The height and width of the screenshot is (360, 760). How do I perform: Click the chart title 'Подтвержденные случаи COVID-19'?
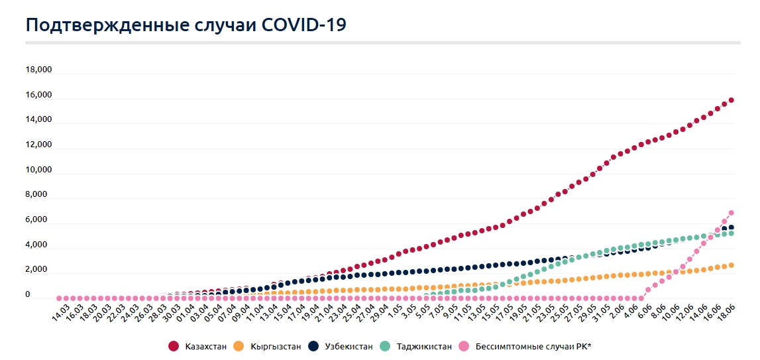186,25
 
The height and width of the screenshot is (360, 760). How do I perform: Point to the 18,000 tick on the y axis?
38,70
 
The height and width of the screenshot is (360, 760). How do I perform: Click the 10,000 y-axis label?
38,170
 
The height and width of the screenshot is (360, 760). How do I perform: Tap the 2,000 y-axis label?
38,270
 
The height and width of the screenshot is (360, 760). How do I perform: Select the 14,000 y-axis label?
38,120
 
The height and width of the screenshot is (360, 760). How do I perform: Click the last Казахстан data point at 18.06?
731,100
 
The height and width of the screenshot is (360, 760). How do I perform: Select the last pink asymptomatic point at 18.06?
731,213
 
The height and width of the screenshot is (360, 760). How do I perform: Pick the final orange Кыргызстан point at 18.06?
731,265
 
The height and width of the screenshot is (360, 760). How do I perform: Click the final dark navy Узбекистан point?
731,227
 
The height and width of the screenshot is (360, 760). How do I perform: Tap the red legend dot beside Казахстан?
174,346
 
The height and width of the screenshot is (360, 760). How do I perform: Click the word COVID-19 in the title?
304,25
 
